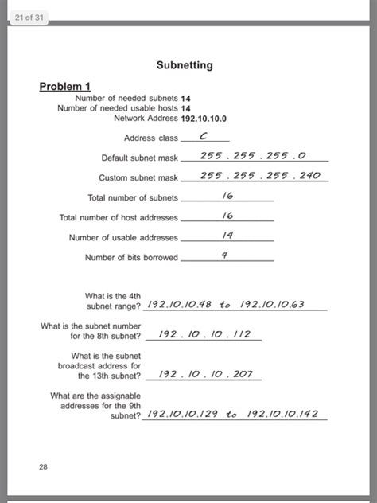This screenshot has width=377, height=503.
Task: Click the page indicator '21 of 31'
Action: coord(29,18)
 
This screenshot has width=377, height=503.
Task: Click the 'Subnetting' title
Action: coord(185,64)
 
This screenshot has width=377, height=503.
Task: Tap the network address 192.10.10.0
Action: coord(204,118)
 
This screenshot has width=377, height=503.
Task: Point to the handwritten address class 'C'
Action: coord(204,136)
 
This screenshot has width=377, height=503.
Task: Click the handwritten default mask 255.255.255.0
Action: coord(253,156)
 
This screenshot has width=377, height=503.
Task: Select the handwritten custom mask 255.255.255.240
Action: coord(259,175)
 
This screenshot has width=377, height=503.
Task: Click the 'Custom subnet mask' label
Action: coord(138,177)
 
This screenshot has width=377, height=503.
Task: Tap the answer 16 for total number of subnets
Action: coord(227,195)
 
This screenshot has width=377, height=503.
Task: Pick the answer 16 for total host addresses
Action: coord(227,215)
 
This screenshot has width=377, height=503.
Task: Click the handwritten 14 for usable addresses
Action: coord(227,235)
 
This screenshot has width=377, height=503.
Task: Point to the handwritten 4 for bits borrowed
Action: coord(224,255)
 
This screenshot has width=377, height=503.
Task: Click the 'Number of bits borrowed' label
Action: coord(131,258)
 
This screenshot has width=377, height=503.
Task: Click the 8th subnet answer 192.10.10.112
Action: coord(204,334)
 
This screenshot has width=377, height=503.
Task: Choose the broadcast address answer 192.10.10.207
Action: coord(204,372)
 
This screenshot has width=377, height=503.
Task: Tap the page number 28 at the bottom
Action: coord(43,467)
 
